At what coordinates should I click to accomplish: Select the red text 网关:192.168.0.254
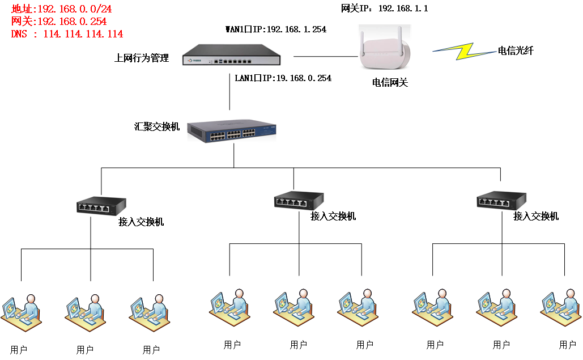click(59, 21)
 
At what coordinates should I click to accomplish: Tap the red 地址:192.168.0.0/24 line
click(61, 9)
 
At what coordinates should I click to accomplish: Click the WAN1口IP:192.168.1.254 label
click(276, 29)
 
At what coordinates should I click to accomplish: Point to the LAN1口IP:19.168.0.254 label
click(283, 78)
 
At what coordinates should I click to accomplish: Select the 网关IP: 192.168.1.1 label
click(385, 8)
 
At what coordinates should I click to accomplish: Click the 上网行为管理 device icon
click(231, 55)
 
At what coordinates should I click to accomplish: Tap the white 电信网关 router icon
click(385, 47)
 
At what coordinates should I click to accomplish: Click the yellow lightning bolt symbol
click(465, 51)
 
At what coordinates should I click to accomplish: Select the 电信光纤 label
click(516, 50)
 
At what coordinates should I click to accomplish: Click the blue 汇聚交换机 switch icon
click(232, 131)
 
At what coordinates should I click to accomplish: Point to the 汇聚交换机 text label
click(157, 127)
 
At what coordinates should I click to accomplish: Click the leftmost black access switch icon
click(101, 206)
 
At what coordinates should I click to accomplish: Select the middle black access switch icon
click(299, 201)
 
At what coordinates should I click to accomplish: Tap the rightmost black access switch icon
click(501, 201)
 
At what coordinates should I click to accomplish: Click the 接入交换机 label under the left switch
click(141, 222)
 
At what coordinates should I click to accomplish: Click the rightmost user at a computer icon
click(561, 308)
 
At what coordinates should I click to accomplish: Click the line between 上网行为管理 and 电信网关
click(326, 57)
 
